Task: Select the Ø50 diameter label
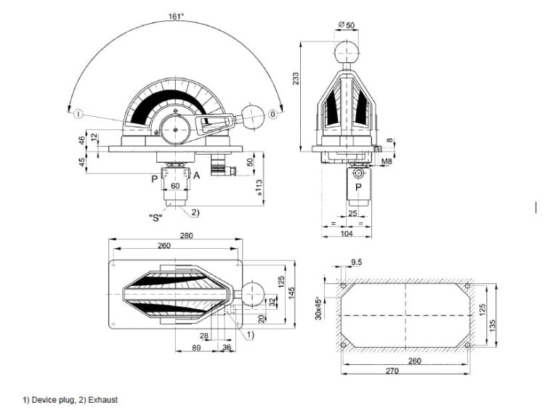[x=347, y=26]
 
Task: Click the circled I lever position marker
[x=77, y=113]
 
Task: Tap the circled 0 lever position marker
[x=272, y=113]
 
